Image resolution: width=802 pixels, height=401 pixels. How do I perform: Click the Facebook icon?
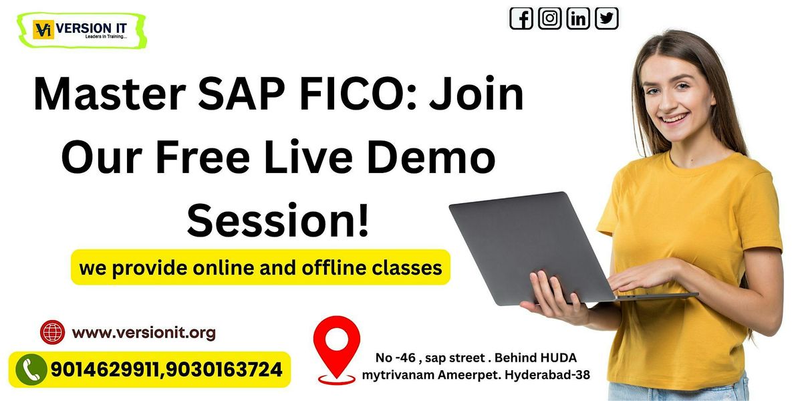[x=521, y=18]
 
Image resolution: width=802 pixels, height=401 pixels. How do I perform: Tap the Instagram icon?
[x=549, y=18]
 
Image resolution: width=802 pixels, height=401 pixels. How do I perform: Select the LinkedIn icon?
[x=578, y=18]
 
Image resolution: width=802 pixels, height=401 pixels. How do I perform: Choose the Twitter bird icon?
[x=607, y=18]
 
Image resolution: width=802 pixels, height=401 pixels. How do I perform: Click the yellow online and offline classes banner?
[x=261, y=268]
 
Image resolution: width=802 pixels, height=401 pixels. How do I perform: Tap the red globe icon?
[x=52, y=332]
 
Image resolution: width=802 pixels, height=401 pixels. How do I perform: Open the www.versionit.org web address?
[x=144, y=332]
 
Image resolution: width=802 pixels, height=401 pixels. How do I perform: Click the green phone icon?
[x=31, y=370]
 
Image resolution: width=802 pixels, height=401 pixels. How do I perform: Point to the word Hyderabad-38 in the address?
[x=548, y=375]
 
